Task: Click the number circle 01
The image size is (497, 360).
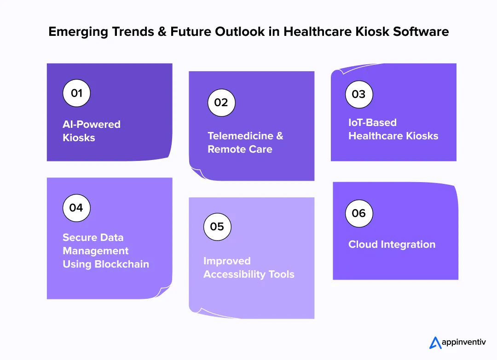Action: pos(76,93)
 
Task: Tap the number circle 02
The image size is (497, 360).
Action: pos(221,103)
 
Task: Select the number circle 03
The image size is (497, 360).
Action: pos(359,94)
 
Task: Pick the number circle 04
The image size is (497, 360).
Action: pos(76,208)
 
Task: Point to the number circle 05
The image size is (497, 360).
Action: pos(217,227)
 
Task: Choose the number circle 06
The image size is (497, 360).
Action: pos(359,213)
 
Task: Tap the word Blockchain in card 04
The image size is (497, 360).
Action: pos(121,264)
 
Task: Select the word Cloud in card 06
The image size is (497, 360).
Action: pos(363,245)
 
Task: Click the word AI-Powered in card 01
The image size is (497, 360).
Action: pos(92,125)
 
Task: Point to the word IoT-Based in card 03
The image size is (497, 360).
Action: pos(372,123)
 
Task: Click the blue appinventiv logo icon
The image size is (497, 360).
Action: pos(435,343)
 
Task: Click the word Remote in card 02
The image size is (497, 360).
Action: pos(224,149)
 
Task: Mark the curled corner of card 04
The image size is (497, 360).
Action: pos(164,292)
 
